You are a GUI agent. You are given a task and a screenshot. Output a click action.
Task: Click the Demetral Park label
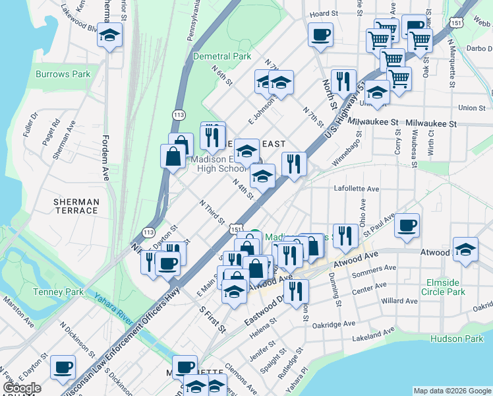(x=221, y=56)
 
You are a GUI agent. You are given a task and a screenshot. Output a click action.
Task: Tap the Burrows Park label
(x=63, y=75)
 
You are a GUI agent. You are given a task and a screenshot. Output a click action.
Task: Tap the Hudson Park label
(x=457, y=339)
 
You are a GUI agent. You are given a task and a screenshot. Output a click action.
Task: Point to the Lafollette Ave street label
(x=357, y=189)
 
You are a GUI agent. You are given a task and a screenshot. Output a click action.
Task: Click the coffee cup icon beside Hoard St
(x=320, y=34)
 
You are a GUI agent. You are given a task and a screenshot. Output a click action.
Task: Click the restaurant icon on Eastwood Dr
(x=297, y=290)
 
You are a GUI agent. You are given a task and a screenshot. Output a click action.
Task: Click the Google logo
(x=22, y=388)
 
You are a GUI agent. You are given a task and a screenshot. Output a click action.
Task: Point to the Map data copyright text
(x=452, y=391)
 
